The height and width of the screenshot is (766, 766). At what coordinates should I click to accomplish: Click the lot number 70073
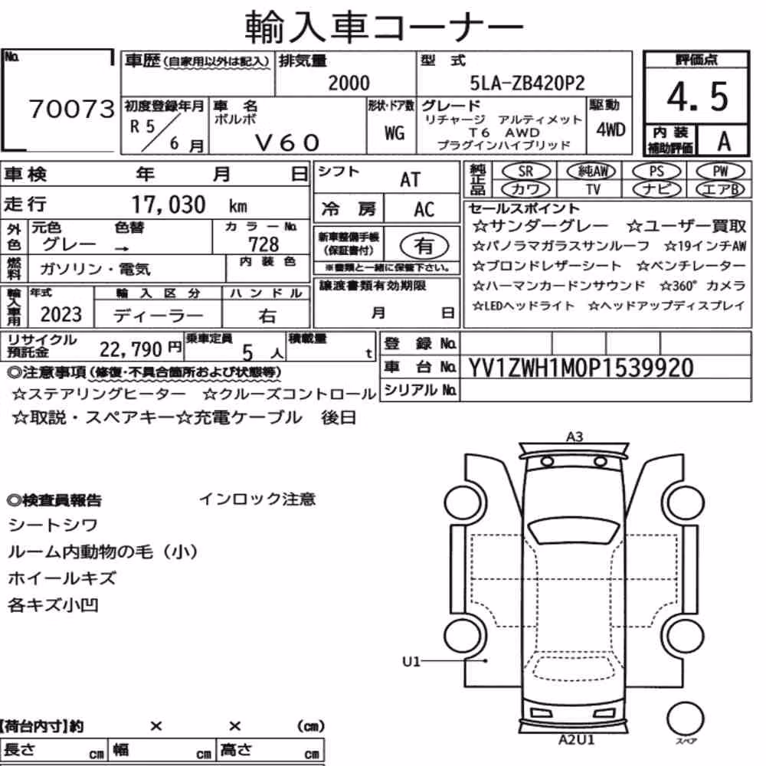click(x=72, y=109)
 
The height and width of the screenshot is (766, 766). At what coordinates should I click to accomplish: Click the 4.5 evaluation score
click(x=697, y=97)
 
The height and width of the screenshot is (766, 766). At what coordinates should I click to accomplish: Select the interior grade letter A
click(x=724, y=141)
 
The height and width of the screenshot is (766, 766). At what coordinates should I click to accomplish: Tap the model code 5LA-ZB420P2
click(x=527, y=83)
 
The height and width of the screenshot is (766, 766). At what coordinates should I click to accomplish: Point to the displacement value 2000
click(x=349, y=83)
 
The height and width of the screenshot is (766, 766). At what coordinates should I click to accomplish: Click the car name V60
click(x=287, y=142)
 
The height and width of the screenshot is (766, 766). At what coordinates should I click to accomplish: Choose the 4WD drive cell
click(x=611, y=129)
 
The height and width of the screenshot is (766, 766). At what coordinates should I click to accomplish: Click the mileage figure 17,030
click(x=169, y=205)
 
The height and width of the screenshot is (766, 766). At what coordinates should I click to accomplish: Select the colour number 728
click(x=264, y=244)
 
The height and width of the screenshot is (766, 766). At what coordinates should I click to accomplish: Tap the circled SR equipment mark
click(x=525, y=172)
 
